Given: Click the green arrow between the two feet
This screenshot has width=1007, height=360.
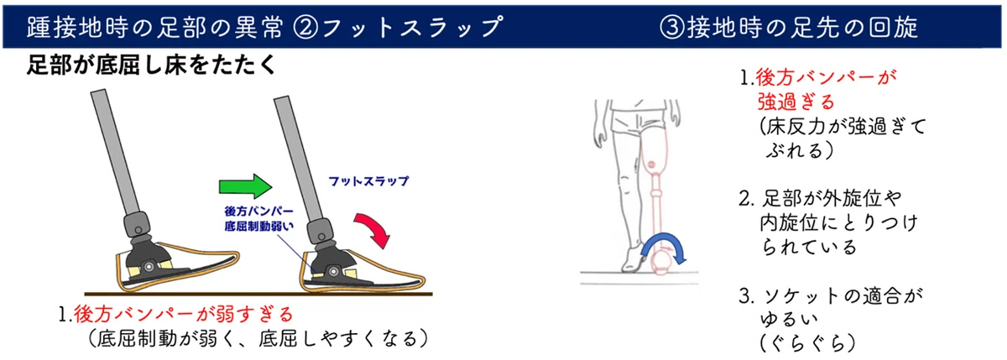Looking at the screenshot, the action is (245, 186).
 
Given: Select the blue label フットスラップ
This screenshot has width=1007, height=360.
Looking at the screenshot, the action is (368, 181).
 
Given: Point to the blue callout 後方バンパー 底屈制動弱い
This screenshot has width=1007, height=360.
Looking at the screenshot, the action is (259, 218).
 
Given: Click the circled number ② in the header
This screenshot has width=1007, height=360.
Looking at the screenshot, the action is (305, 27).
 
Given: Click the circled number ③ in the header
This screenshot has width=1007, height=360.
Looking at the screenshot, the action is (672, 27).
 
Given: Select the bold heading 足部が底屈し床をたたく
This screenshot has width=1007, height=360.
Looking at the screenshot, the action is (151, 65).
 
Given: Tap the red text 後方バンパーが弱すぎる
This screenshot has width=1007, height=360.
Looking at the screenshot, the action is (184, 314).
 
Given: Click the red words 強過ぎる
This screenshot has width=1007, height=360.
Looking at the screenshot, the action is (796, 102).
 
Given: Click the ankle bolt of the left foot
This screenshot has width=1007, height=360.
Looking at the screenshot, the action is (149, 267).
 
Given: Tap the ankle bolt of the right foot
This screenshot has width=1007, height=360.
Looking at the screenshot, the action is (333, 271).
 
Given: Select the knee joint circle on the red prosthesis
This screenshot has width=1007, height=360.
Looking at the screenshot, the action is (653, 164).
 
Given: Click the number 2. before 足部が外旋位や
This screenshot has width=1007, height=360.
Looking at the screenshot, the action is (747, 199).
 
